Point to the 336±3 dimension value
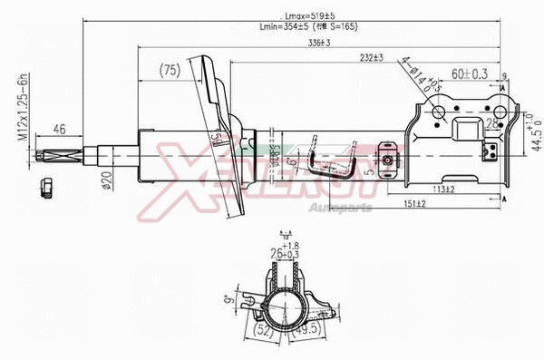(x=316, y=42)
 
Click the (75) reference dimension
(x=169, y=70)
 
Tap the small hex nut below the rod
(x=47, y=189)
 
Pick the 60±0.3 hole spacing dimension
(x=469, y=73)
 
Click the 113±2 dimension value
(x=442, y=189)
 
